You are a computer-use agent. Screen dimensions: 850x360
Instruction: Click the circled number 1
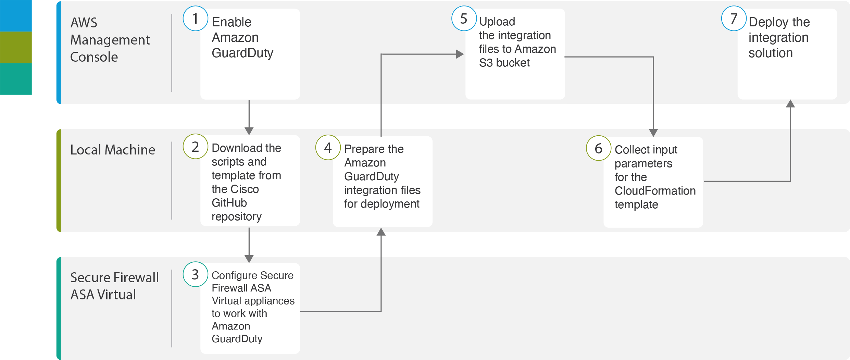196,18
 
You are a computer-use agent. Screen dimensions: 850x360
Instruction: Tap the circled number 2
196,146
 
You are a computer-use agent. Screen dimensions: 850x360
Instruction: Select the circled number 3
196,274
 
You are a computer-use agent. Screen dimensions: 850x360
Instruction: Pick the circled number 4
328,147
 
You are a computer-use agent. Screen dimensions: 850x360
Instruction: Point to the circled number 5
464,18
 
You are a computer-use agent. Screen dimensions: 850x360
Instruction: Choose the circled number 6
599,148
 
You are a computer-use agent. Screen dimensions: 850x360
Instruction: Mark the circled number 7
734,18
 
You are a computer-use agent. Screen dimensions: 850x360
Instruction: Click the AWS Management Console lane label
110,40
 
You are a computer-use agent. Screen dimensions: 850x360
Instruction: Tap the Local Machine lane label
113,150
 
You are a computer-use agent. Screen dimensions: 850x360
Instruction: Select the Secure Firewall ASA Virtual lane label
114,286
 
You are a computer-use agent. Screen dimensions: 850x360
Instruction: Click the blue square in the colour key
16,16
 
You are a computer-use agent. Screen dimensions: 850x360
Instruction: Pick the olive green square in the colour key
16,47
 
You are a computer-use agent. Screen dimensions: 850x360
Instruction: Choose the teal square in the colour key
16,79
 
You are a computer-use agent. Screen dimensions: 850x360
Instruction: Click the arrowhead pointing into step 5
460,54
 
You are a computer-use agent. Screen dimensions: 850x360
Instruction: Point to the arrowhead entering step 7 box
790,103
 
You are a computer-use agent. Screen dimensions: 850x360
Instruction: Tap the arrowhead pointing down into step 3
249,259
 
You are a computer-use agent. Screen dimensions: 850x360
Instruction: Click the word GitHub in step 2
229,203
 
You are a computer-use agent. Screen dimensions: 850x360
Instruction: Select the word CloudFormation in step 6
655,191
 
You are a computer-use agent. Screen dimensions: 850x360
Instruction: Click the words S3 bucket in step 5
504,63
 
